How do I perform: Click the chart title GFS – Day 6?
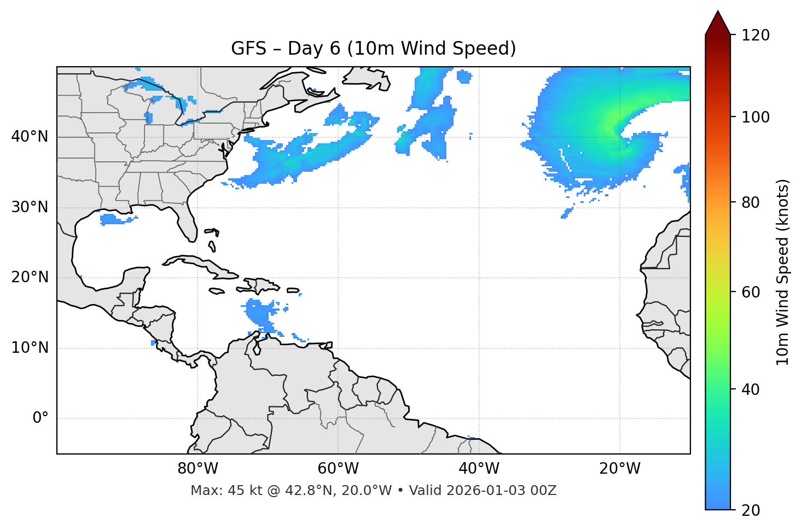374,49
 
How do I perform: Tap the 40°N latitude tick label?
30,137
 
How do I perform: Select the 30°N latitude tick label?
30,207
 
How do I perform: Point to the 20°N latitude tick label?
30,277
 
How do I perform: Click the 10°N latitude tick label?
30,348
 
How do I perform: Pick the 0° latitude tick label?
40,418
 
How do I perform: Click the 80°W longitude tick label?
197,469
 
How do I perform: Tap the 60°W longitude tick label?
338,469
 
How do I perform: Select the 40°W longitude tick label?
479,469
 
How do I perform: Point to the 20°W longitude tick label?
619,469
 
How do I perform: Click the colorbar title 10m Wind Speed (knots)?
783,272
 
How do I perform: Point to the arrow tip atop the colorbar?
718,12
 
